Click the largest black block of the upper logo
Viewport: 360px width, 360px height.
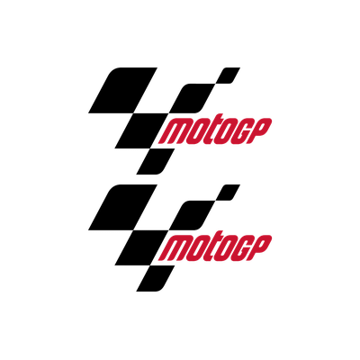pyautogui.click(x=123, y=90)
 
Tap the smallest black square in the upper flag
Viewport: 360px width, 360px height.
pyautogui.click(x=229, y=76)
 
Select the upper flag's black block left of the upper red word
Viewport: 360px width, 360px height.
pyautogui.click(x=141, y=130)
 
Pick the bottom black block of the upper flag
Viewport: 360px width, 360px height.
pyautogui.click(x=156, y=161)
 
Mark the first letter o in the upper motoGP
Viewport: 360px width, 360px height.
pyautogui.click(x=196, y=131)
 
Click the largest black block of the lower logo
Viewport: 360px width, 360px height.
pyautogui.click(x=123, y=207)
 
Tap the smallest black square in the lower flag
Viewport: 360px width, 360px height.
pyautogui.click(x=229, y=193)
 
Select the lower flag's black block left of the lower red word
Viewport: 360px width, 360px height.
pyautogui.click(x=141, y=247)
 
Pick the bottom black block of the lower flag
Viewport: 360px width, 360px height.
pyautogui.click(x=156, y=278)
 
